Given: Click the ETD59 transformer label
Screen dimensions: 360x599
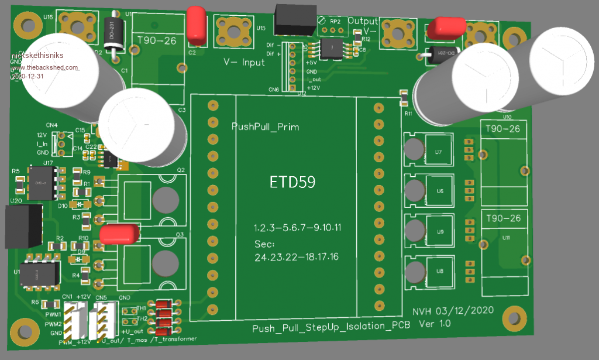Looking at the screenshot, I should [x=292, y=182].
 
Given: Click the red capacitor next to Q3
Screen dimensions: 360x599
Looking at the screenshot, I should [x=119, y=234].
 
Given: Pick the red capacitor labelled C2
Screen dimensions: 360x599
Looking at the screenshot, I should [x=197, y=25].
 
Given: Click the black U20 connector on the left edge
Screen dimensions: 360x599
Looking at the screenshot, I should [x=23, y=225].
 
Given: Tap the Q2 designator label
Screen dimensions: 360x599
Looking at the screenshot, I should [x=180, y=170].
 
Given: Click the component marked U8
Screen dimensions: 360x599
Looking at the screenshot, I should [x=439, y=271].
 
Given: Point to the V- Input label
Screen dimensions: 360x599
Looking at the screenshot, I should [x=244, y=62].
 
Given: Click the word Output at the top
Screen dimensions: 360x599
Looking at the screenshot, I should [x=363, y=20].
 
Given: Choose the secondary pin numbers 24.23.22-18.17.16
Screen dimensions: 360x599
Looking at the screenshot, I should [x=297, y=257].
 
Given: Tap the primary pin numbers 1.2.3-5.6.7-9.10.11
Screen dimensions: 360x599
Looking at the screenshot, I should [x=297, y=227].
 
